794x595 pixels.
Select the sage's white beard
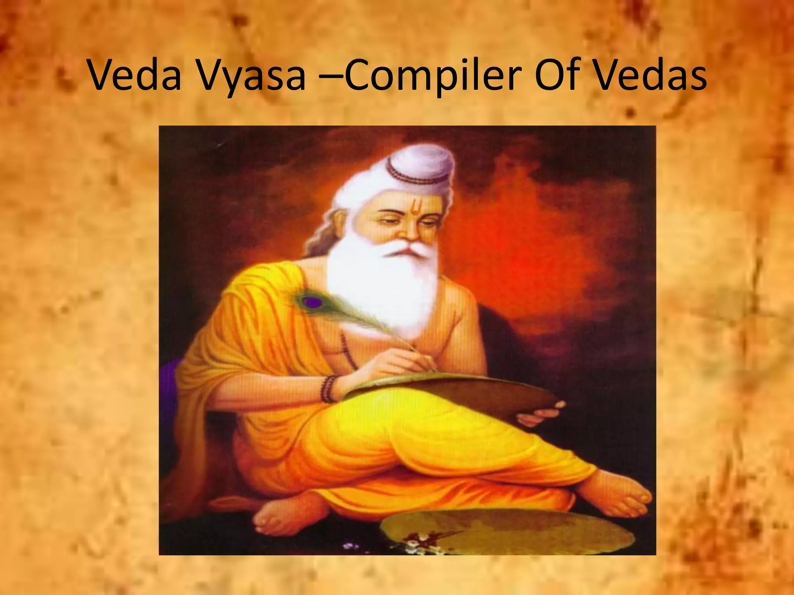[382, 287]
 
